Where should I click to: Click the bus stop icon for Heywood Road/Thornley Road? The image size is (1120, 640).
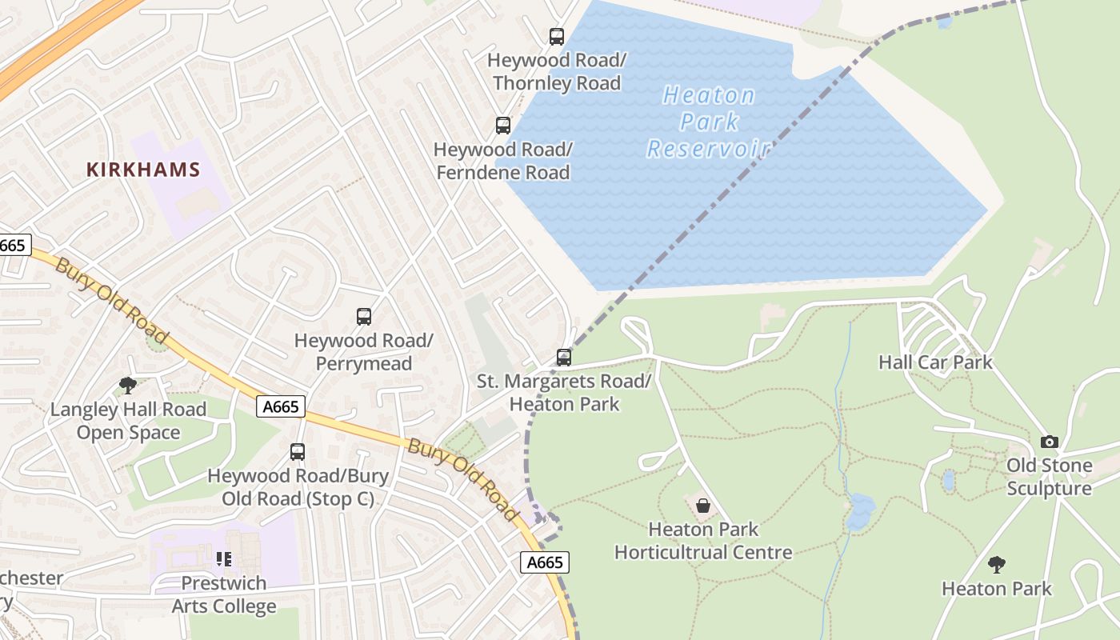(557, 36)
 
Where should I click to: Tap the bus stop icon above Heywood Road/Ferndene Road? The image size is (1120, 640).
(502, 126)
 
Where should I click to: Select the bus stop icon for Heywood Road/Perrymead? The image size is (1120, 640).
(364, 317)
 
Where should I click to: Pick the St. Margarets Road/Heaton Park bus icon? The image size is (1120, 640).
(564, 358)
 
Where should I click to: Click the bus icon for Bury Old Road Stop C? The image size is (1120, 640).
(298, 452)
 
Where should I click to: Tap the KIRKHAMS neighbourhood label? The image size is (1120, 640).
(142, 170)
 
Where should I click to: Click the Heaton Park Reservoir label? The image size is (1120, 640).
(709, 122)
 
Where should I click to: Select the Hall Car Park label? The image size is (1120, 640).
(935, 362)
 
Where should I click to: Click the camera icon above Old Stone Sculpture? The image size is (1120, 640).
(1049, 442)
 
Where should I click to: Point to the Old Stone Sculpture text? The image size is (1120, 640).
(1049, 477)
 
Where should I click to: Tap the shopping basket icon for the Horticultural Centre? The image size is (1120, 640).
(703, 506)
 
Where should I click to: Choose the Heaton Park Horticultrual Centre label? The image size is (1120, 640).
(703, 541)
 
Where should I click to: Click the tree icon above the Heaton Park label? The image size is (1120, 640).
(996, 565)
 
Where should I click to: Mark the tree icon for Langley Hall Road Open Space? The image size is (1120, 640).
(128, 386)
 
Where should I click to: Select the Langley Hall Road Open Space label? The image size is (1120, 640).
(128, 421)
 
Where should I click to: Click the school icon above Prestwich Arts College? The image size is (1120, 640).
(224, 558)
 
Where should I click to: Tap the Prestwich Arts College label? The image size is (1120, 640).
(224, 594)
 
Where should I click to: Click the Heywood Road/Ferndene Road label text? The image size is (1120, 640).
(502, 161)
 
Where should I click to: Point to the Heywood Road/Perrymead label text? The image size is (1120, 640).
(364, 352)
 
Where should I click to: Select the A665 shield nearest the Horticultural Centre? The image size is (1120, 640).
(545, 562)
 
